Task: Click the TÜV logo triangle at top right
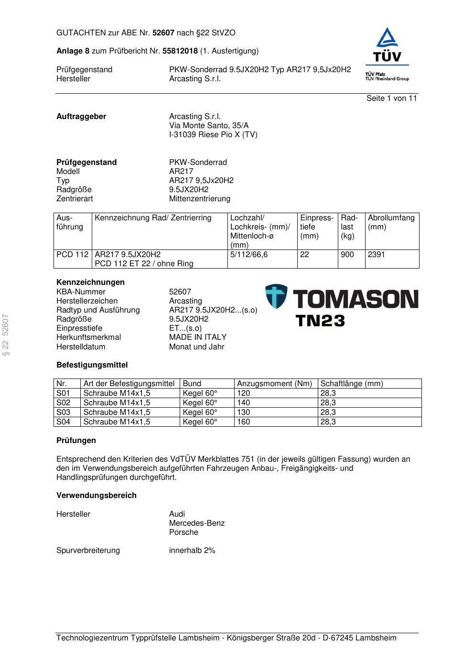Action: (x=387, y=38)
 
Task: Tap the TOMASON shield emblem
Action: (x=277, y=296)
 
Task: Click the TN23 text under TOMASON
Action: (x=320, y=321)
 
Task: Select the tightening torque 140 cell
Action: (x=244, y=402)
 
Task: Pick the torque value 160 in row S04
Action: (x=244, y=422)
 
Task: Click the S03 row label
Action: (x=63, y=412)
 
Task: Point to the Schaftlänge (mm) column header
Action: (x=352, y=383)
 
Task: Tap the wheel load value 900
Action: (x=347, y=254)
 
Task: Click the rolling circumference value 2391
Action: (x=377, y=254)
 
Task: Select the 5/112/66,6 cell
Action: (x=249, y=254)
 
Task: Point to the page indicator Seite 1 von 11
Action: (x=391, y=98)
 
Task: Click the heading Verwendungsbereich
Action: (x=97, y=495)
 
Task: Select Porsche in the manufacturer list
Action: (x=183, y=532)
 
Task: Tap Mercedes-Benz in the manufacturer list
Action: (x=197, y=523)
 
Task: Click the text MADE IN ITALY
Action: (x=198, y=337)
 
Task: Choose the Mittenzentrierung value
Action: (x=200, y=198)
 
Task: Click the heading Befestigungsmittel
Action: (x=92, y=365)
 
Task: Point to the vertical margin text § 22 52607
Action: (x=6, y=335)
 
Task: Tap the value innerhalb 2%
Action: (x=192, y=550)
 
